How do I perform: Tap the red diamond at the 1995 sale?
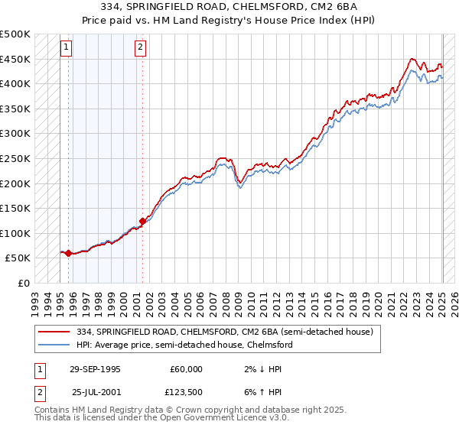click(68, 253)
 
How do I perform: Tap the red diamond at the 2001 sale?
click(142, 221)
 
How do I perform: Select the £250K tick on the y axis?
click(15, 159)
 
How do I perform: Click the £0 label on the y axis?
click(23, 283)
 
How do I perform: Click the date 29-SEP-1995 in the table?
click(95, 369)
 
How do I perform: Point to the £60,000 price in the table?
click(187, 369)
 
